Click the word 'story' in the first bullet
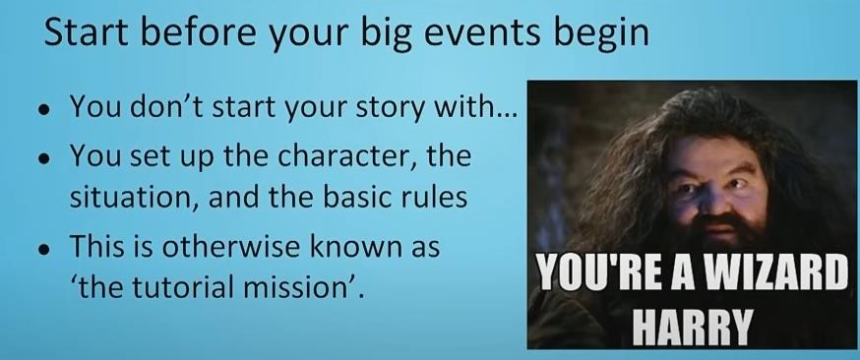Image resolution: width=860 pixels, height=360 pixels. tap(390, 108)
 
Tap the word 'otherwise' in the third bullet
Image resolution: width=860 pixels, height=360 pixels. tap(230, 247)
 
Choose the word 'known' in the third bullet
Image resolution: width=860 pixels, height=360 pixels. tap(350, 246)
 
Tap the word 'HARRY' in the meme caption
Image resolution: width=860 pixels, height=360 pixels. tap(691, 327)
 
